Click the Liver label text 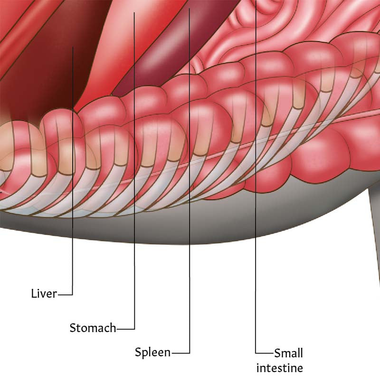(x=44, y=294)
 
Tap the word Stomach (x=93, y=328)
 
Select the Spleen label (x=152, y=352)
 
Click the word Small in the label (x=289, y=353)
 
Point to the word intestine (x=280, y=368)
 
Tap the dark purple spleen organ (x=170, y=48)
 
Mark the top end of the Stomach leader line (x=134, y=13)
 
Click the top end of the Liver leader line (x=73, y=47)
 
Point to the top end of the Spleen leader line (x=189, y=9)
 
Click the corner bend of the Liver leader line (x=73, y=294)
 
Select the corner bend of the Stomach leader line (x=134, y=329)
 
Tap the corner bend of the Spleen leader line (x=190, y=353)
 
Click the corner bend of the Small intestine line (x=256, y=353)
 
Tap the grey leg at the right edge (x=374, y=218)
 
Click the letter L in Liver (x=33, y=294)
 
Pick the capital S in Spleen (x=138, y=351)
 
